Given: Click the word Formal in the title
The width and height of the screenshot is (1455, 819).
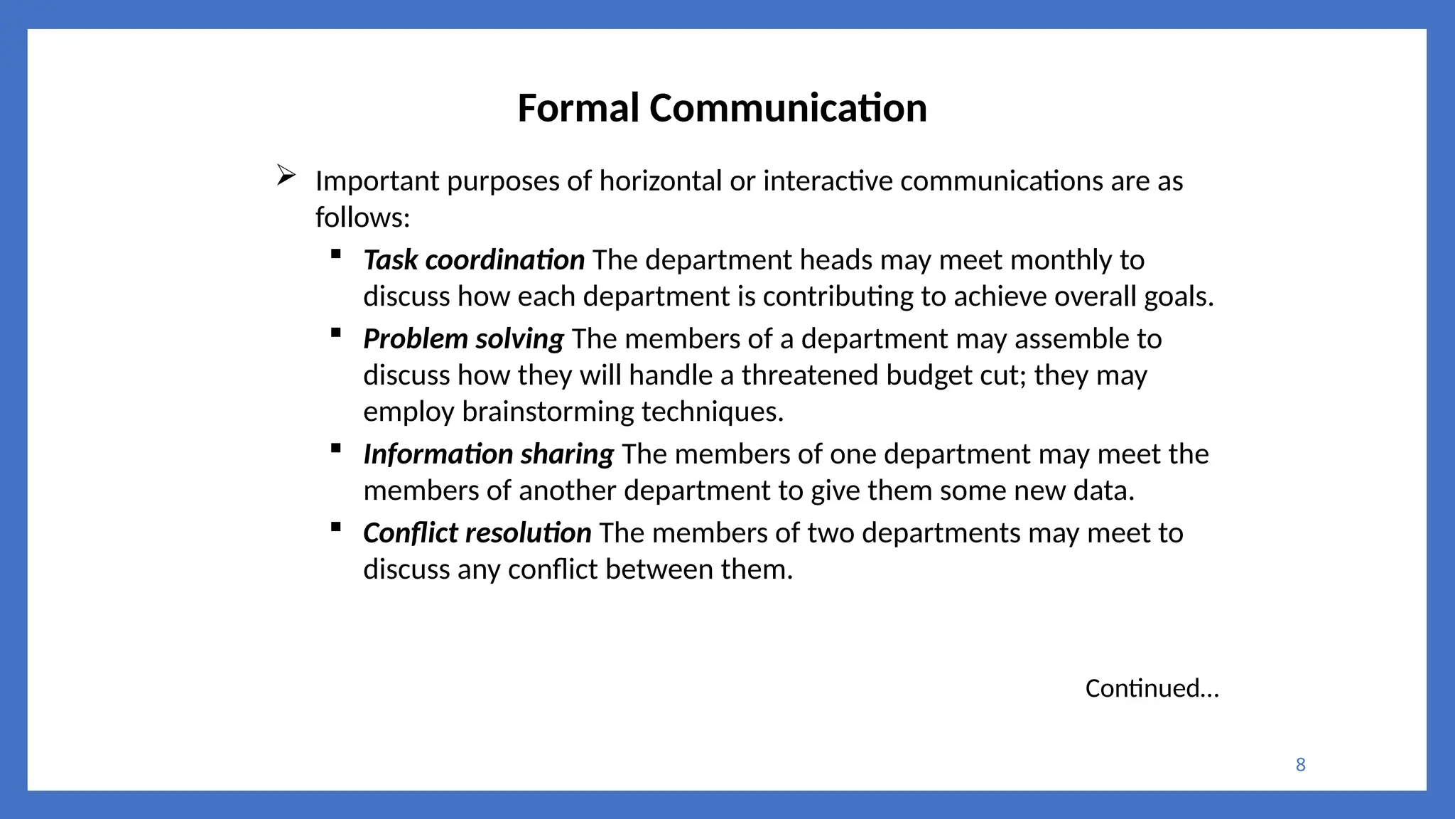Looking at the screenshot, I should pyautogui.click(x=578, y=109).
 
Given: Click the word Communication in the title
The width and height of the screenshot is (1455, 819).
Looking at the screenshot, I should pyautogui.click(x=788, y=109).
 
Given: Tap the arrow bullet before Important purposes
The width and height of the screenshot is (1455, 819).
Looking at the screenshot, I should pyautogui.click(x=286, y=175).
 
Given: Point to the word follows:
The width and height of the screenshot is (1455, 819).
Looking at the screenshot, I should pyautogui.click(x=362, y=218).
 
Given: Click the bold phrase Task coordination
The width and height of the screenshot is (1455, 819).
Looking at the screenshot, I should pyautogui.click(x=474, y=260).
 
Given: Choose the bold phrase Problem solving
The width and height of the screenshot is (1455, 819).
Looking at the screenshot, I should pyautogui.click(x=463, y=339).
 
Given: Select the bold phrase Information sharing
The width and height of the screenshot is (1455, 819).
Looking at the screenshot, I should pyautogui.click(x=488, y=454).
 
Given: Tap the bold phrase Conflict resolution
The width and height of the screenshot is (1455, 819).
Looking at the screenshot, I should pyautogui.click(x=477, y=533).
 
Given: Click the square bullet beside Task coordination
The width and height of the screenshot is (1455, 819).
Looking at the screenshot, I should pyautogui.click(x=336, y=254).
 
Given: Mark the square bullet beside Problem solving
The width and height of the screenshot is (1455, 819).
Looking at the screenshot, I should pyautogui.click(x=336, y=333).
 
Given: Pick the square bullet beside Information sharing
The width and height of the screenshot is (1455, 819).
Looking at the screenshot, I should pyautogui.click(x=336, y=448).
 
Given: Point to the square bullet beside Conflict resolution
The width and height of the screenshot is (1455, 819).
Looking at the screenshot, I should pyautogui.click(x=336, y=527).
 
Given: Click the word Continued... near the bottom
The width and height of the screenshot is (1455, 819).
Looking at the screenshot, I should pyautogui.click(x=1152, y=688).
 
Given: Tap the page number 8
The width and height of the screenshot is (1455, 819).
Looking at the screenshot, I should pyautogui.click(x=1300, y=765).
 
